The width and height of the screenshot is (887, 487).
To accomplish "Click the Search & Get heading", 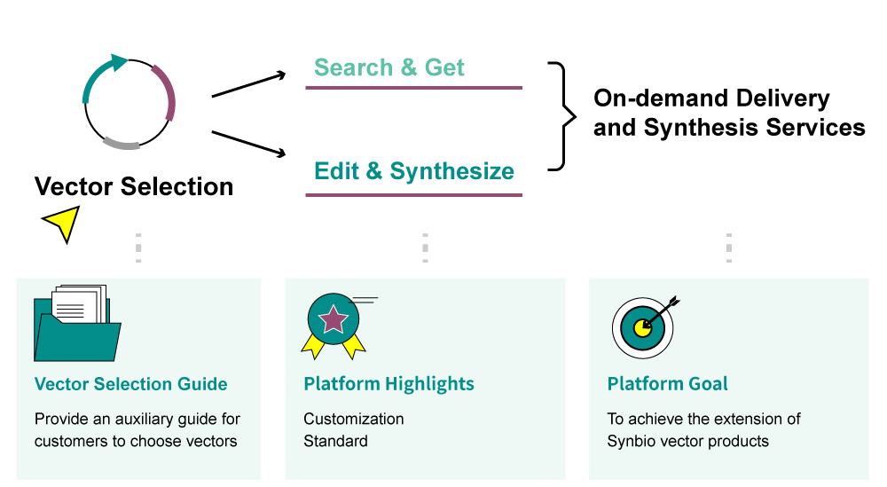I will (x=389, y=67).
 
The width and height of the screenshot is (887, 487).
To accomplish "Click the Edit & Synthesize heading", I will (x=413, y=171).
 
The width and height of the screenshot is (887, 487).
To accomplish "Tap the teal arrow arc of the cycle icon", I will (x=98, y=75).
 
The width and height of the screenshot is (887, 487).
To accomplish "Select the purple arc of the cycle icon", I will (x=166, y=91).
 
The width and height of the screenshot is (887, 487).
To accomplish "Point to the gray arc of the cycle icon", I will (x=121, y=143).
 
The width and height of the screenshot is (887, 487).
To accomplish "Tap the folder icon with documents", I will (x=76, y=324).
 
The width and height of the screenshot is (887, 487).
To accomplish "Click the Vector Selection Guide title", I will (x=130, y=384).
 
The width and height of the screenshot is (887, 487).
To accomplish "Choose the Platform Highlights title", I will (x=389, y=384).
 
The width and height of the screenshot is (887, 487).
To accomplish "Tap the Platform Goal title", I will (x=667, y=384).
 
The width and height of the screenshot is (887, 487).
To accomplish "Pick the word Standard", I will (x=335, y=441).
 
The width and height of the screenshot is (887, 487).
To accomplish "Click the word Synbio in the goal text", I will (x=631, y=441).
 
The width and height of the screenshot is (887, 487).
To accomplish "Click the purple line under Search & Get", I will (x=413, y=88).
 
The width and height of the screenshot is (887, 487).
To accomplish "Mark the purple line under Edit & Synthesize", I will (x=413, y=195).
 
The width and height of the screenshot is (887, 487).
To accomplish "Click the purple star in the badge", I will (x=333, y=318).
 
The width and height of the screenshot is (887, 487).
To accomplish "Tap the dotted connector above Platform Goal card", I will (x=728, y=247).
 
